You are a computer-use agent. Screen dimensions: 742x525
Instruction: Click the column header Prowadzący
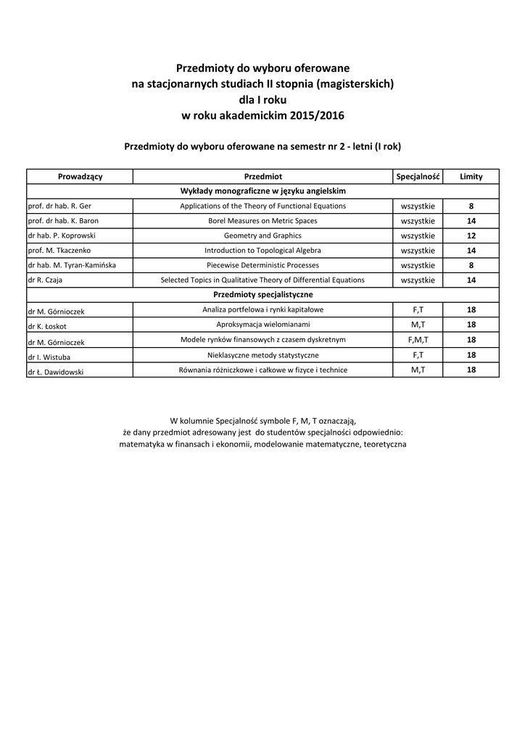pos(80,176)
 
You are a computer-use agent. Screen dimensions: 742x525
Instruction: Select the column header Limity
pos(471,176)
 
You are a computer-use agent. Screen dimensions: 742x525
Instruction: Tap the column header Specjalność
pos(418,176)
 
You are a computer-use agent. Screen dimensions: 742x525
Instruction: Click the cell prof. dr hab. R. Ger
pos(59,206)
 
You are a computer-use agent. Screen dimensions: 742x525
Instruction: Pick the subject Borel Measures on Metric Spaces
pos(262,221)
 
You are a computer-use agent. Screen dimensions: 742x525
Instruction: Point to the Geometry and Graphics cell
pos(262,235)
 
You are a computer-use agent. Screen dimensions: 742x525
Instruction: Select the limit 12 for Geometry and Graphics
pos(471,235)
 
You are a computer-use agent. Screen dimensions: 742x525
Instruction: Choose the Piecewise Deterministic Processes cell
pos(262,265)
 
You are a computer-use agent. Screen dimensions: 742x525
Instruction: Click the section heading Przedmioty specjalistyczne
pos(262,295)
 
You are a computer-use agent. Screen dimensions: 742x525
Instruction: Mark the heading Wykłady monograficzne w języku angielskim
pos(262,191)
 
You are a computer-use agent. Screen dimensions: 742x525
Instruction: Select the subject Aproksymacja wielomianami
pos(262,324)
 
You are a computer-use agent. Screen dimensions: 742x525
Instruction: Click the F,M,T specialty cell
pos(418,339)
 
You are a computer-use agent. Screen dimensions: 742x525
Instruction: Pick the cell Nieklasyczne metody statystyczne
pos(262,355)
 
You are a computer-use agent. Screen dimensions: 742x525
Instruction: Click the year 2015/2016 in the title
pos(316,115)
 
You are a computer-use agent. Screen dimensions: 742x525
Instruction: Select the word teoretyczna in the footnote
pos(384,443)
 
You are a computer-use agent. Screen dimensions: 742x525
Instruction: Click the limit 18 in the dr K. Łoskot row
pos(471,324)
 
